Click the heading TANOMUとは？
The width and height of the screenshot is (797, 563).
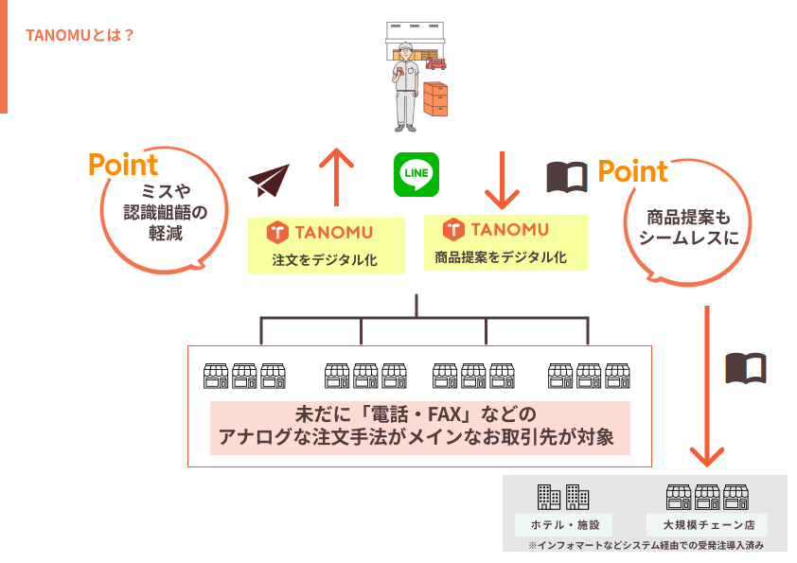point(80,35)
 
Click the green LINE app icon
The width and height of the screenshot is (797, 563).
point(416,174)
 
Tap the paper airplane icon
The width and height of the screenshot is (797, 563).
point(269,181)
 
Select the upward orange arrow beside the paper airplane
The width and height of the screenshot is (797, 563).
point(335,175)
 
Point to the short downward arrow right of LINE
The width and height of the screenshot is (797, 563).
point(503,179)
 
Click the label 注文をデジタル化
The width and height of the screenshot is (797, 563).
point(325,260)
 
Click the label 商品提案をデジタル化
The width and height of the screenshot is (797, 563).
point(501,256)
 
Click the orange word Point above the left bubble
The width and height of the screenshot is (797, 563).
point(123,165)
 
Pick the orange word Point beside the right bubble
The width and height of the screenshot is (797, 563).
point(632,172)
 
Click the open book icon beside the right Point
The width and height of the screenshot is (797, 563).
point(567,176)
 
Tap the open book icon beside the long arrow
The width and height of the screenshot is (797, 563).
point(746,367)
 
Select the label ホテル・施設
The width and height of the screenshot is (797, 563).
point(564,524)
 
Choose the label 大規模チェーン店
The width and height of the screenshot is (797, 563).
point(707,524)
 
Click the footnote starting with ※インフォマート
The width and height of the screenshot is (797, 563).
point(646,546)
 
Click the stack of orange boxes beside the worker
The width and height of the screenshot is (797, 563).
point(435,97)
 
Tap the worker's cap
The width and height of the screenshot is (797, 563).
point(405,48)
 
